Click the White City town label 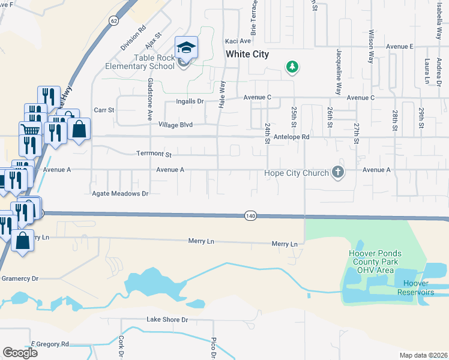tap(247, 54)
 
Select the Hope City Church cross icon tap(338, 173)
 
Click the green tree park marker tap(292, 67)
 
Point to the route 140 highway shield tap(250, 215)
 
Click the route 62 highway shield tap(113, 21)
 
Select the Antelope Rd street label tap(291, 137)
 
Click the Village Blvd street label tap(175, 125)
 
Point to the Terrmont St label tap(154, 154)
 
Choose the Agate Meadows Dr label tap(119, 194)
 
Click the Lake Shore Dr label tap(167, 320)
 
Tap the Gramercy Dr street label tap(19, 278)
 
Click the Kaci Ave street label tap(238, 41)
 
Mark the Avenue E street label tap(400, 46)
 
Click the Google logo tap(20, 353)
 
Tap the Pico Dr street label tap(213, 348)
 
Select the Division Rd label tap(133, 38)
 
